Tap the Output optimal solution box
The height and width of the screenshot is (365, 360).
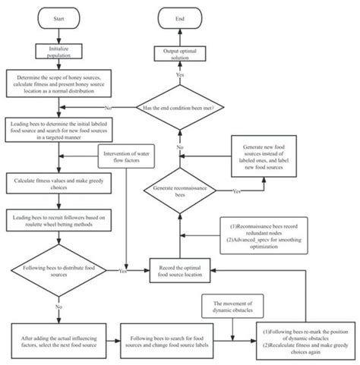181,52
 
